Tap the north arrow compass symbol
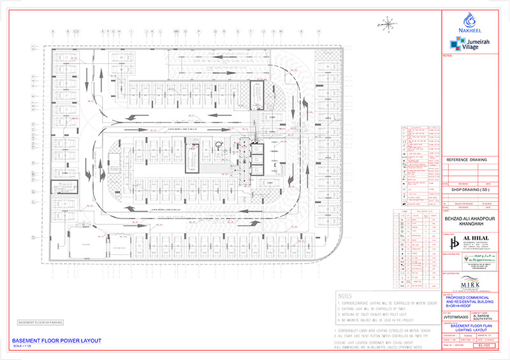387,25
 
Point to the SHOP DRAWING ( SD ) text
469,189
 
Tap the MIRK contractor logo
469,283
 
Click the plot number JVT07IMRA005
455,315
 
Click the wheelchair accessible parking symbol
217,144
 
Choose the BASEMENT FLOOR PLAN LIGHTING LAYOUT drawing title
469,326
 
